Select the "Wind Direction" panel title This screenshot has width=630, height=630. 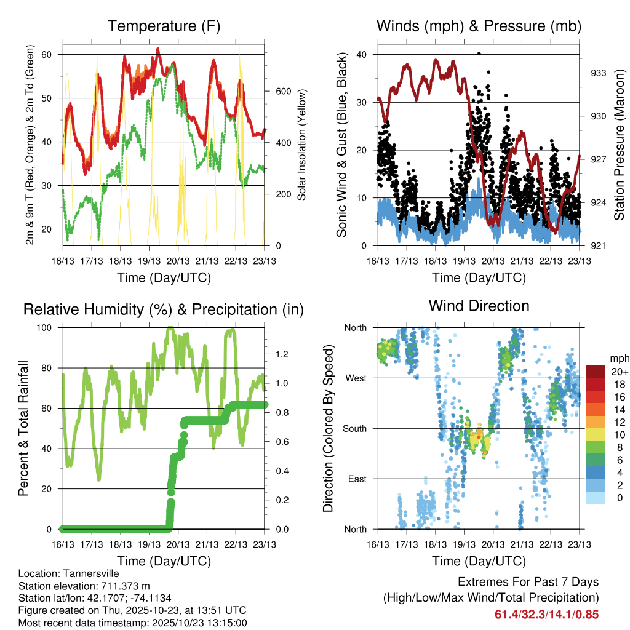(479, 306)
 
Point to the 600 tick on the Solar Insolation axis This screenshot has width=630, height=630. (282, 91)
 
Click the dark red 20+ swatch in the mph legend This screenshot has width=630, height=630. (596, 371)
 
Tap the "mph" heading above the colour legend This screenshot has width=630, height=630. (617, 358)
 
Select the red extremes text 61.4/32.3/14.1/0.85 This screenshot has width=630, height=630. (546, 614)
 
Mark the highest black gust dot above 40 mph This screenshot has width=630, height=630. (479, 54)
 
